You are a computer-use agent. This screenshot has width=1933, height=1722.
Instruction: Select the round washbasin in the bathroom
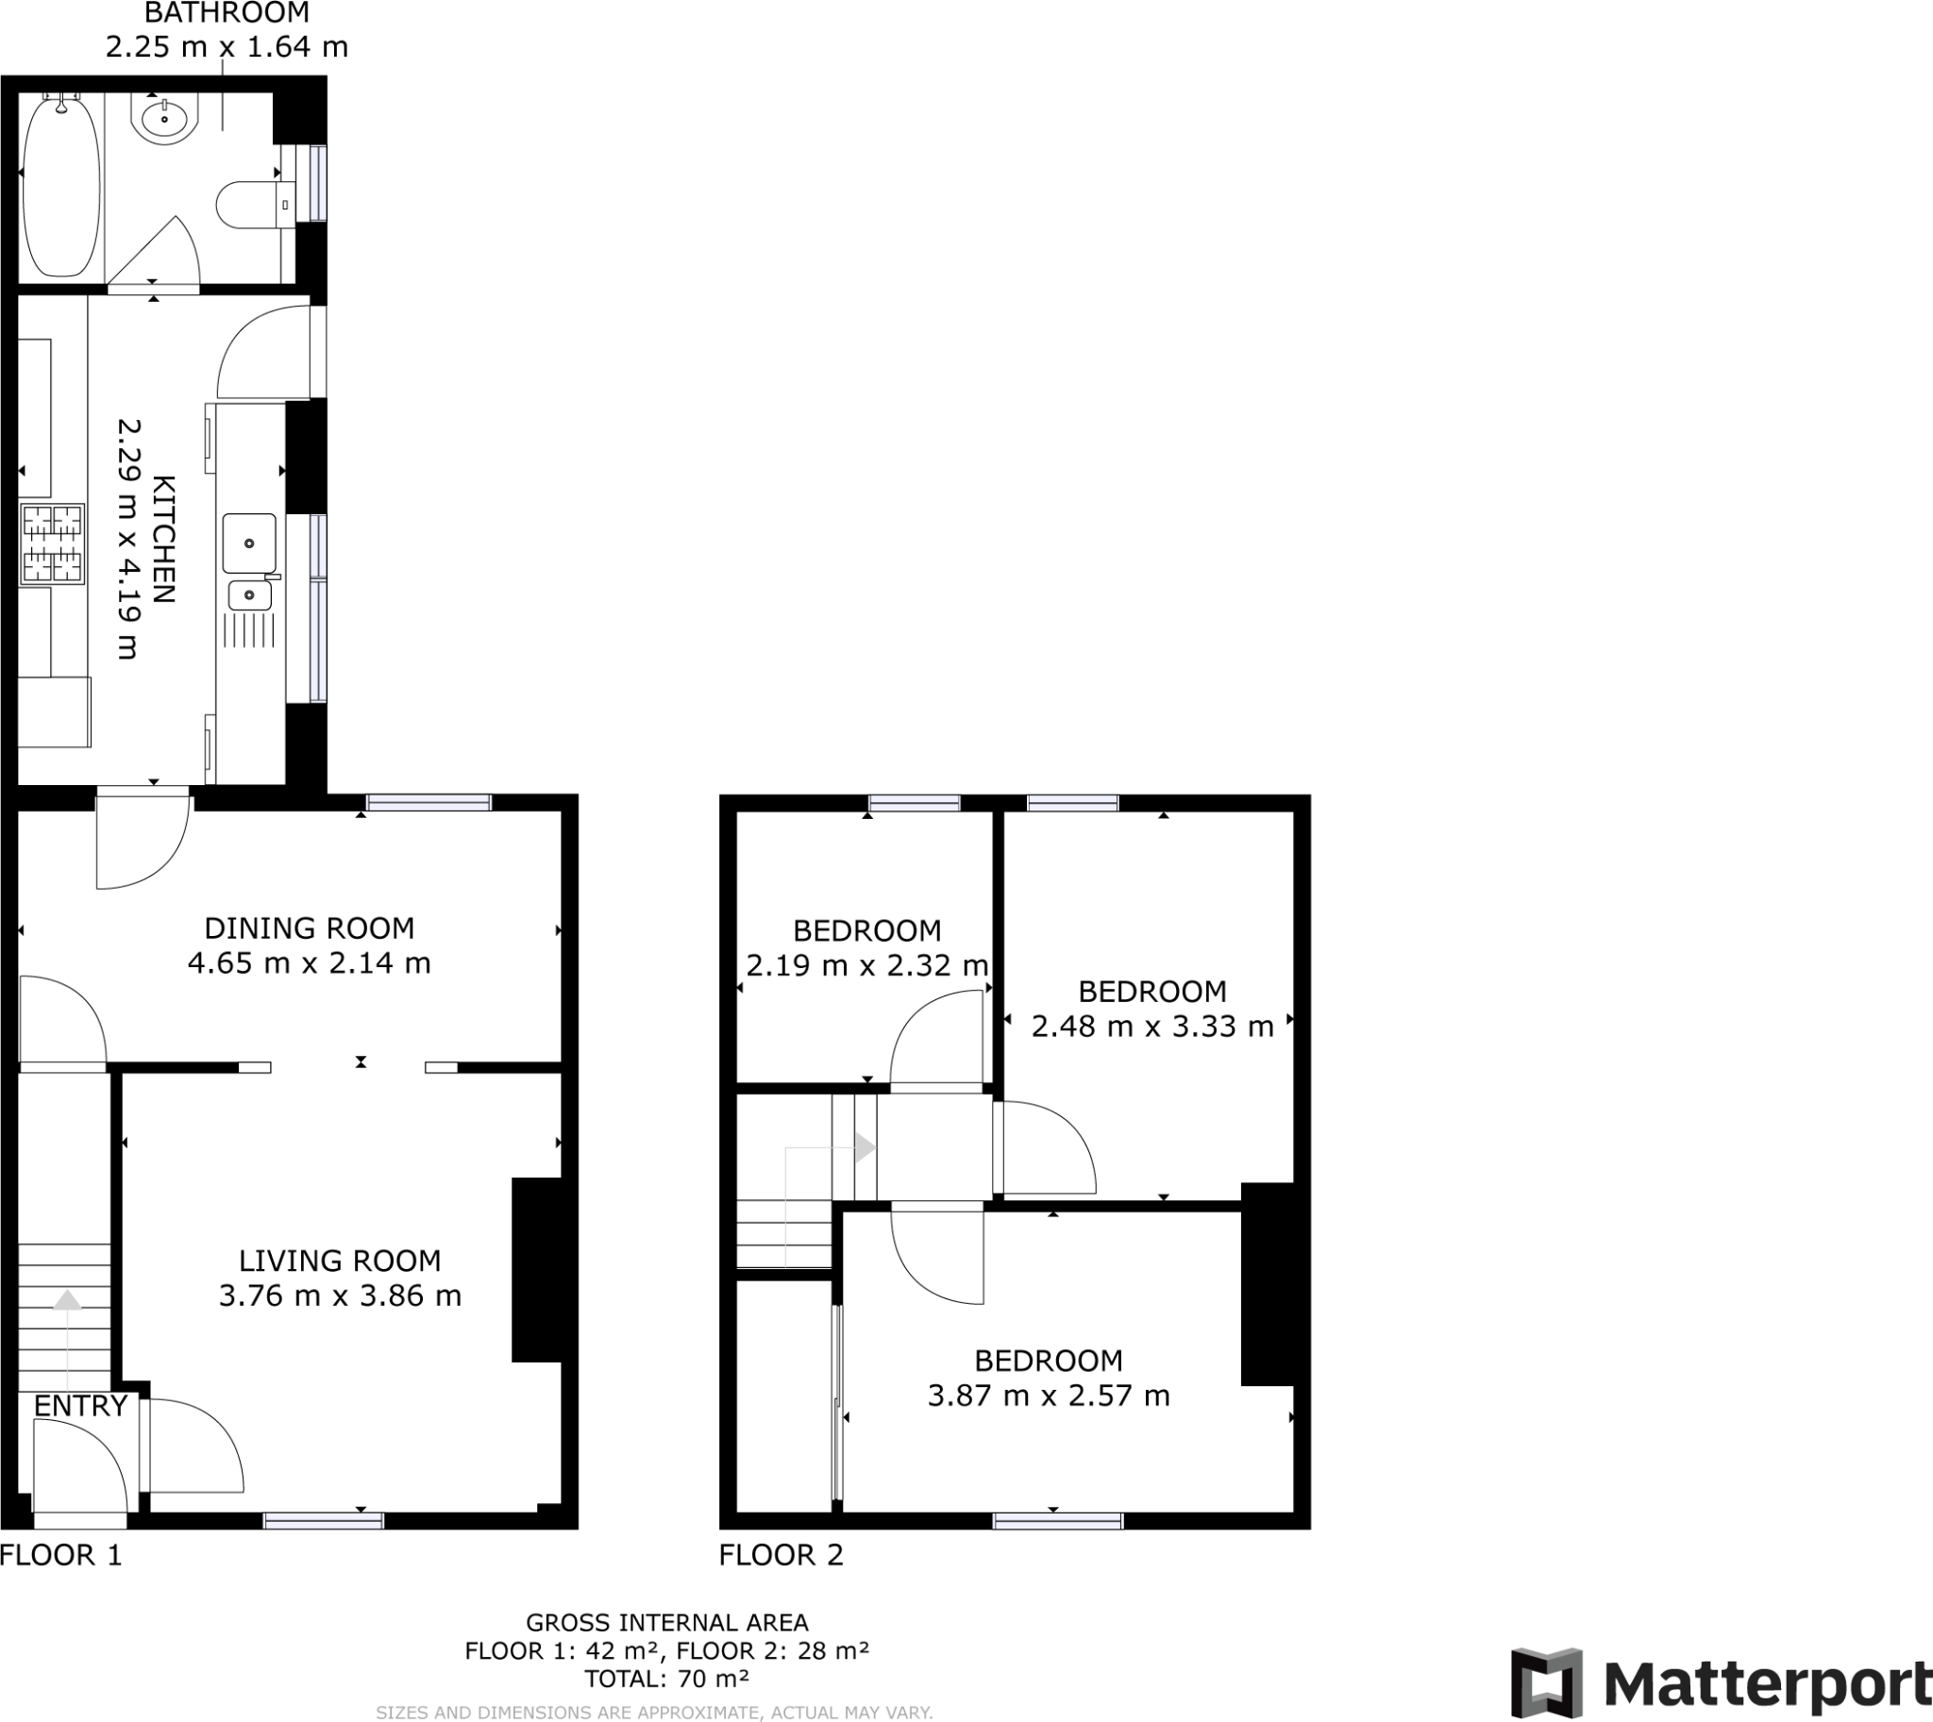165,119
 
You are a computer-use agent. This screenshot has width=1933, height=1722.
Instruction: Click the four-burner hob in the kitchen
52,544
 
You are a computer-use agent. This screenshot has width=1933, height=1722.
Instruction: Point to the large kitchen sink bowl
249,543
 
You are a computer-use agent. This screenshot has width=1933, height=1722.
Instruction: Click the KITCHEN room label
164,539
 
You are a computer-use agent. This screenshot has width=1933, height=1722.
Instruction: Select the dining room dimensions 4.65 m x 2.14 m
309,963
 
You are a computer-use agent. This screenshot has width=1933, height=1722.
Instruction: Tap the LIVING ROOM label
339,1261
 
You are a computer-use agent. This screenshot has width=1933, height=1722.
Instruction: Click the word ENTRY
80,1406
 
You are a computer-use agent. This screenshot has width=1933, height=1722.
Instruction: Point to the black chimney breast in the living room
538,1269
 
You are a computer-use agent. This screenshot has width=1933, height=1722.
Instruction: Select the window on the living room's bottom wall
323,1520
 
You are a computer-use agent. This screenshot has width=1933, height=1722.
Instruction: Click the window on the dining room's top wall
429,802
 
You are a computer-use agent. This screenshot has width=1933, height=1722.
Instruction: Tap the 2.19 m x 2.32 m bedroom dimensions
866,966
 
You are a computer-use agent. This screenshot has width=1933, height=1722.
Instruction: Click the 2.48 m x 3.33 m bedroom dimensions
1152,1027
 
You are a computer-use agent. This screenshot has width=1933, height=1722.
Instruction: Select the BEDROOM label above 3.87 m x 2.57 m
1048,1361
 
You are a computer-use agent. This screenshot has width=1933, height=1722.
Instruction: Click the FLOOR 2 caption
780,1555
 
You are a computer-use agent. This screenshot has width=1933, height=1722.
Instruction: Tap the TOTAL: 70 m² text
666,1679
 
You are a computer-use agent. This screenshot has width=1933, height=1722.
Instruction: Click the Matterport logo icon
1546,1683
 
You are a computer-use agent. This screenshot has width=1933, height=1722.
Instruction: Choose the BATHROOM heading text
227,13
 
